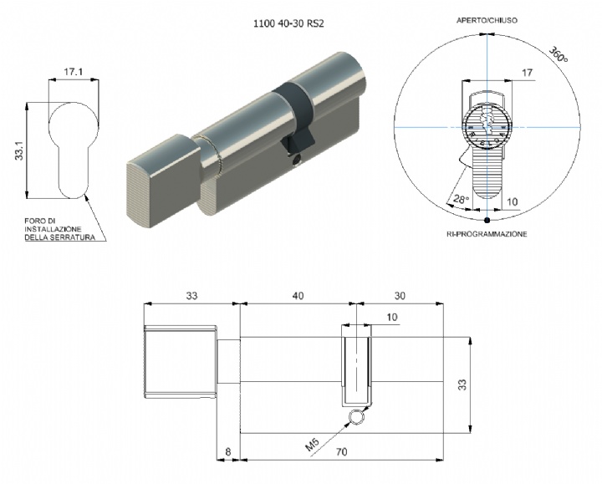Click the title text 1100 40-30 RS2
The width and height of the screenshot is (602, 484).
click(288, 23)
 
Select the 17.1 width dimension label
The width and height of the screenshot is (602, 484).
click(74, 71)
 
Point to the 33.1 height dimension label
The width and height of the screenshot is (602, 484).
click(19, 150)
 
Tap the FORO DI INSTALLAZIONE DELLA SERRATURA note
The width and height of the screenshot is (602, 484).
click(60, 229)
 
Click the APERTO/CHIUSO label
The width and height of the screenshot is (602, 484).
click(487, 20)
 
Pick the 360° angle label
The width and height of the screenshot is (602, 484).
click(559, 54)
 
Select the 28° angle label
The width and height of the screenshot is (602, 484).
click(461, 199)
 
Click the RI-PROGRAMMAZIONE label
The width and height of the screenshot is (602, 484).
click(487, 234)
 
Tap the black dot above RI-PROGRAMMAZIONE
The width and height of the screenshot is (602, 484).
click(487, 220)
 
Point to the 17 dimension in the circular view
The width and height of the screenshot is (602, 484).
click(528, 72)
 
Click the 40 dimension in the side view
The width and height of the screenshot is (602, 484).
click(298, 296)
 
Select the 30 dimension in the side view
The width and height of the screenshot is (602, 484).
click(400, 296)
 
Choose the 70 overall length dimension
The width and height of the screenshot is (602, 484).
click(341, 451)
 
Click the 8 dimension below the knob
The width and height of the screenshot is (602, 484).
click(228, 451)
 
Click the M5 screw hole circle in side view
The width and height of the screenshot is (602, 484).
click(356, 416)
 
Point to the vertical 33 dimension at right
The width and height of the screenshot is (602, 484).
click(463, 385)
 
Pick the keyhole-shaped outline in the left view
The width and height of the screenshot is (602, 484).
click(74, 150)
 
